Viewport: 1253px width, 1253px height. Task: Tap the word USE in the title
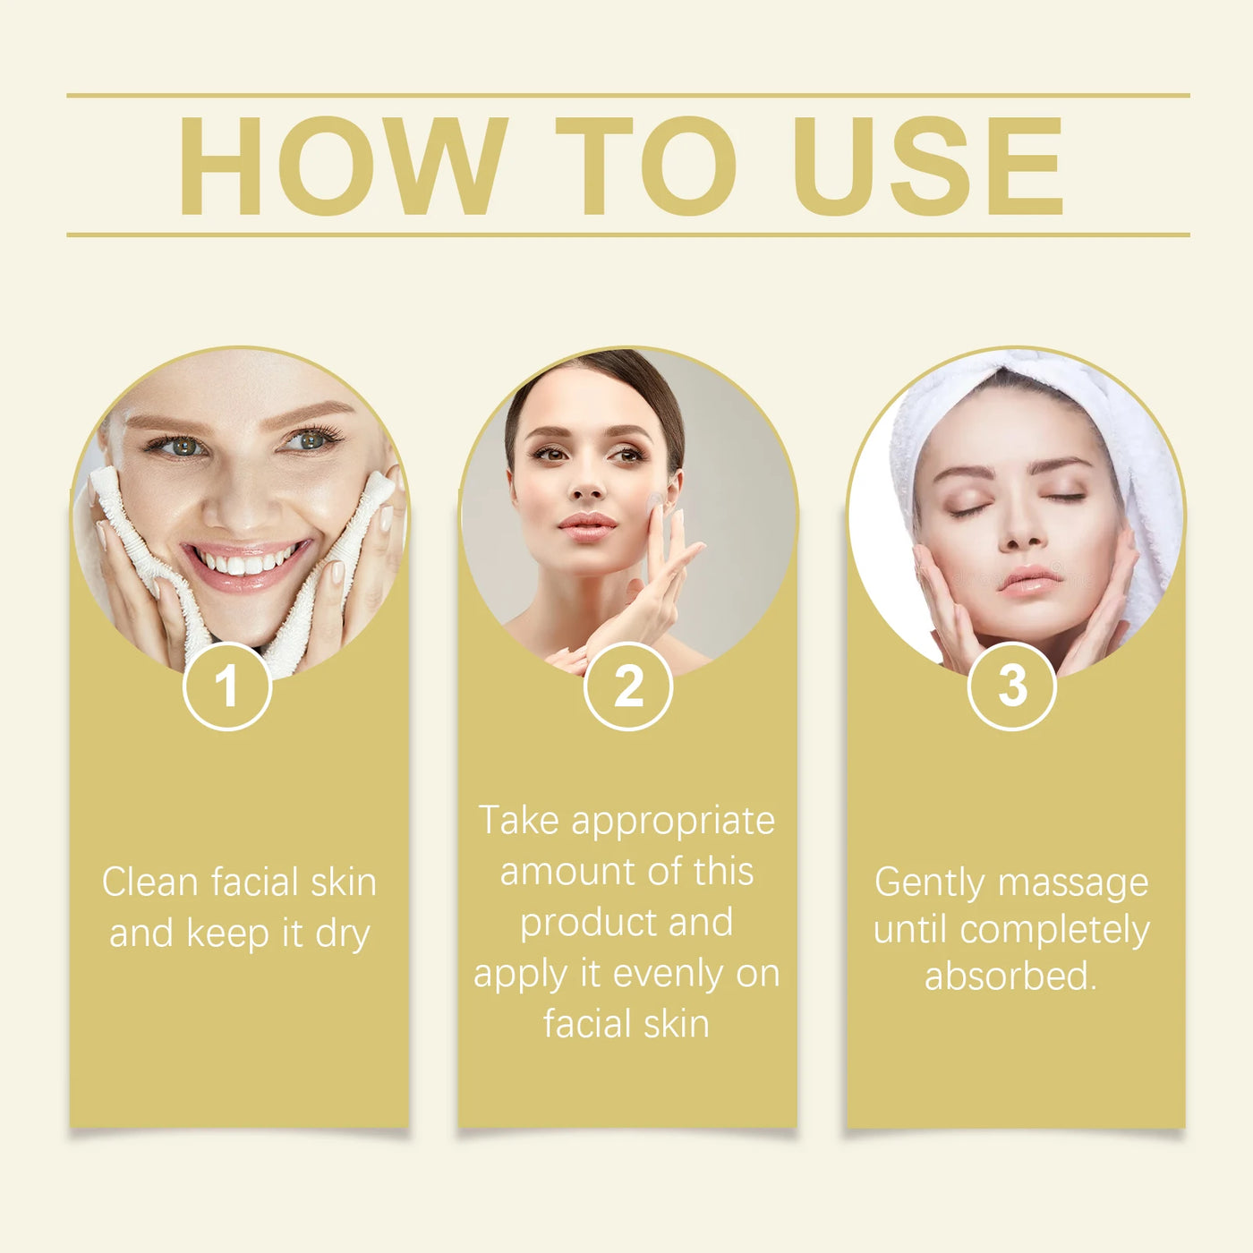point(928,166)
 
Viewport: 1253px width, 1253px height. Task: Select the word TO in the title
point(645,166)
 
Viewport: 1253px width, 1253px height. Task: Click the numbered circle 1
point(226,686)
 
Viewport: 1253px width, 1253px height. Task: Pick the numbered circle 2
point(628,686)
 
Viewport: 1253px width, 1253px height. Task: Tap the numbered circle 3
point(1012,686)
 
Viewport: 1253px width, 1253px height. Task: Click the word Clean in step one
point(149,882)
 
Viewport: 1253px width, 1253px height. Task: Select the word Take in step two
point(519,821)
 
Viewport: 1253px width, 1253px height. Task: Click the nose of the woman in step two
point(587,488)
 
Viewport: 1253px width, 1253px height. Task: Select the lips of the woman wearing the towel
point(1029,579)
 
